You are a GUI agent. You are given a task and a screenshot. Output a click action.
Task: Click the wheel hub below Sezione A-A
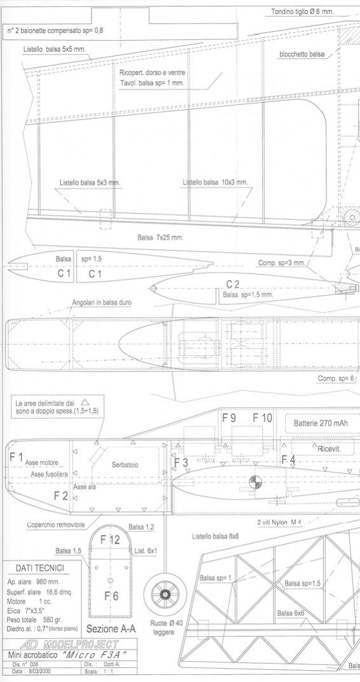pyautogui.click(x=165, y=594)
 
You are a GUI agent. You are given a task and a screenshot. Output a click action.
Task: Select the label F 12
pyautogui.click(x=110, y=540)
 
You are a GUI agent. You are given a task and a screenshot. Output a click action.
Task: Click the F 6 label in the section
pyautogui.click(x=111, y=596)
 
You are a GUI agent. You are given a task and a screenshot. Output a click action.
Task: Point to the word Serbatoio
pyautogui.click(x=125, y=465)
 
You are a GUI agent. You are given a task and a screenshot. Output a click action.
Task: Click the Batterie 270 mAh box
pyautogui.click(x=322, y=423)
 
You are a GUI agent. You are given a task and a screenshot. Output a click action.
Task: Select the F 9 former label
pyautogui.click(x=229, y=418)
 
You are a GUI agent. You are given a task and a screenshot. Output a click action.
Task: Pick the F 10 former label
pyautogui.click(x=263, y=418)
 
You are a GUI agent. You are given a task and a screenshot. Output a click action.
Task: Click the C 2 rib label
pyautogui.click(x=233, y=285)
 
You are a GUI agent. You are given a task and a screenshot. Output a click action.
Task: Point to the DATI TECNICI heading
pyautogui.click(x=40, y=568)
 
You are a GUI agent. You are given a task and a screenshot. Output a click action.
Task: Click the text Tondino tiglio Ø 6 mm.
pyautogui.click(x=303, y=11)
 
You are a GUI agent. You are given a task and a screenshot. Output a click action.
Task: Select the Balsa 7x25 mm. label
pyautogui.click(x=160, y=238)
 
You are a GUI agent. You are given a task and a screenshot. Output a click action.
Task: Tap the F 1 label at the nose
pyautogui.click(x=17, y=457)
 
